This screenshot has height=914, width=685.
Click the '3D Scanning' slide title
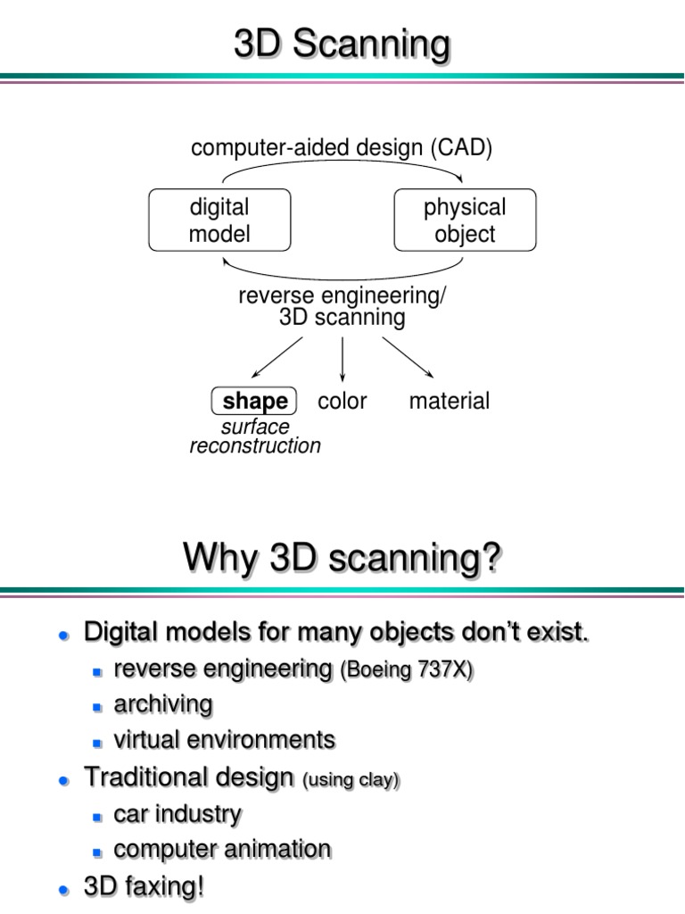[x=342, y=46]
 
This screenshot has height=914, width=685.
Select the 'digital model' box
[x=219, y=220]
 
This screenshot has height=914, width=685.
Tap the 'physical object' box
[x=465, y=220]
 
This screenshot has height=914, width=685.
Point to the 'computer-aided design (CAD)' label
[x=342, y=147]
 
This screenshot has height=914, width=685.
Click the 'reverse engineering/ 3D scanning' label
[x=342, y=307]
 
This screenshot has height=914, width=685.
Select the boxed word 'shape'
[x=254, y=402]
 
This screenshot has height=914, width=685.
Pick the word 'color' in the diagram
[x=342, y=402]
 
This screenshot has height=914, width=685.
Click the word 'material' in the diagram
[x=449, y=402]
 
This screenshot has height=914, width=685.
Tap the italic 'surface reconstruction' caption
[x=255, y=436]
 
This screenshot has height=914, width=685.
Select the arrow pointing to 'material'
[x=408, y=356]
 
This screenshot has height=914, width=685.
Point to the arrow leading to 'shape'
[x=277, y=356]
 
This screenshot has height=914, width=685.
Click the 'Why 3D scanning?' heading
[x=342, y=560]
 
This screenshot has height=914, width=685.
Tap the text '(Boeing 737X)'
[x=406, y=671]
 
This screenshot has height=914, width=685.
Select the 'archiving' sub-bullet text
[x=163, y=705]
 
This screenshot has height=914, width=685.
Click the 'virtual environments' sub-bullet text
[x=225, y=740]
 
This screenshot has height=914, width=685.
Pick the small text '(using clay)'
[x=351, y=780]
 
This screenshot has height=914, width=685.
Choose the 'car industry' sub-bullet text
[x=177, y=814]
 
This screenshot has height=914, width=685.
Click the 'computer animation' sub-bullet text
[x=222, y=849]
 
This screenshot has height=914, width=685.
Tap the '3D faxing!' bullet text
[x=144, y=888]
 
